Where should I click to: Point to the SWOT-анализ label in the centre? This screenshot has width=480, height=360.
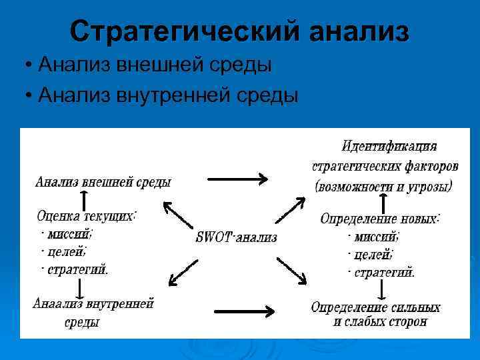coord(237,237)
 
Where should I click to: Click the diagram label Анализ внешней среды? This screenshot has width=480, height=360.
coord(103,181)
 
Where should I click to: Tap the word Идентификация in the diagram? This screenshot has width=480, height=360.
coord(389,145)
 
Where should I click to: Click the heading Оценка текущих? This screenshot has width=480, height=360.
coord(87,216)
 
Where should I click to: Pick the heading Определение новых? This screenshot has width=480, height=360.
coord(380,218)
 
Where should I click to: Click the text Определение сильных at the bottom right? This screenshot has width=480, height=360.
coord(375,307)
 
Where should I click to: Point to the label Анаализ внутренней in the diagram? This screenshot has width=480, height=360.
coord(93,303)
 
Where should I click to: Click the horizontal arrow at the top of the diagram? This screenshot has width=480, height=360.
coord(238,178)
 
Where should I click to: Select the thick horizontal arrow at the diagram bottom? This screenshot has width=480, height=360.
coord(244,311)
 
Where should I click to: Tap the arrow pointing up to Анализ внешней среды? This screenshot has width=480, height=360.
coord(83,199)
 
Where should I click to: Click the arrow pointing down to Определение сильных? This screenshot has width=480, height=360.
coord(381,289)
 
